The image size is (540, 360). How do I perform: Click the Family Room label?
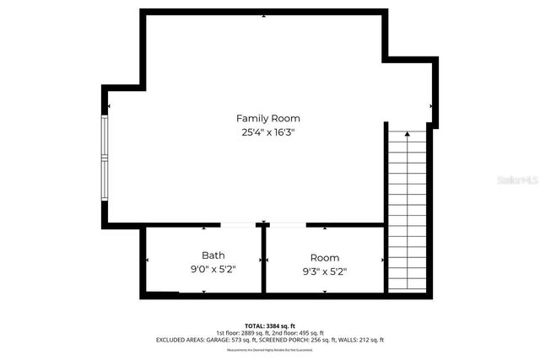267,118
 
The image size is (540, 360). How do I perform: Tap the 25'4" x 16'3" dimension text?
267,132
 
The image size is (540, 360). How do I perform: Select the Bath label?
213,255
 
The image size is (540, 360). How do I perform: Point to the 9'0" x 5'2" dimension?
213,269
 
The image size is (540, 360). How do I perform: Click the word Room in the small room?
324,257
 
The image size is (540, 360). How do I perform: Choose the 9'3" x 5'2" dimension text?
324,271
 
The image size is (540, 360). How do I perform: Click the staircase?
407,211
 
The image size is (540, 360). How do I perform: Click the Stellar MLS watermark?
517,180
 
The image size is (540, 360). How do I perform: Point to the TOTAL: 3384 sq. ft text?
269,325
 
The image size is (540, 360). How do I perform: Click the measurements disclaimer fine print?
269,349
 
